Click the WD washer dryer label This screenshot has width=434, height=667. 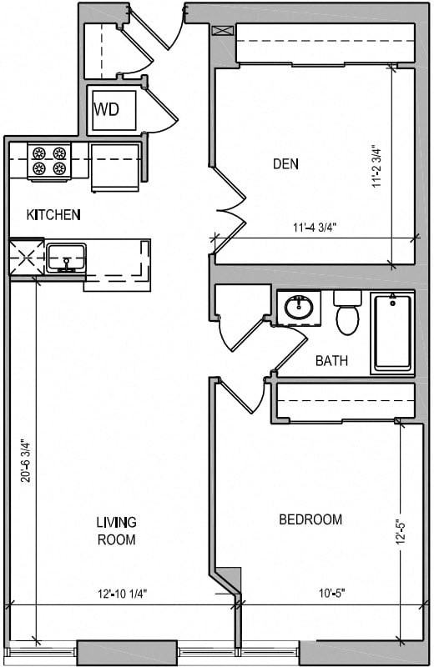tap(106, 109)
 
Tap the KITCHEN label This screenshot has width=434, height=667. tap(53, 215)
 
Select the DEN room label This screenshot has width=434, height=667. tap(286, 163)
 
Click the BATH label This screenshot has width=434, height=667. tap(331, 361)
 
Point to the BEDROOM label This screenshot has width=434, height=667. tap(310, 519)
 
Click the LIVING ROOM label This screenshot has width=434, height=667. tap(115, 531)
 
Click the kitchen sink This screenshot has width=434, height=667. tap(65, 257)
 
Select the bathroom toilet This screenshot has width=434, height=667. tap(346, 313)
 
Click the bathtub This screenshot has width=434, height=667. tap(391, 331)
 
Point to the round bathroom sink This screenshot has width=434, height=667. tap(298, 307)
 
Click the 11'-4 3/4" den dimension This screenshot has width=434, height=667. tap(315, 227)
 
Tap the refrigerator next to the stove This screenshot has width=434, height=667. tap(114, 166)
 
